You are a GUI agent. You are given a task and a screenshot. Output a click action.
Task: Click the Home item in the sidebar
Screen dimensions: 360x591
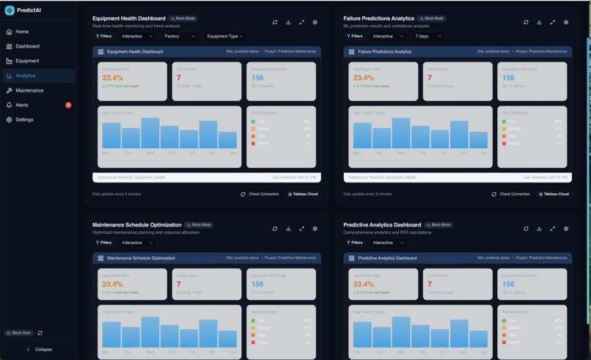tap(22, 32)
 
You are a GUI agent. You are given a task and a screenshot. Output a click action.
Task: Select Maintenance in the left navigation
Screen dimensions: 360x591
tap(29, 90)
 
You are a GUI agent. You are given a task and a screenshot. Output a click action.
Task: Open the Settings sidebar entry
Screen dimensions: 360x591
tap(24, 120)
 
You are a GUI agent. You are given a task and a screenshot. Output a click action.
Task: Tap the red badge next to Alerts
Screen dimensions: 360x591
tap(68, 105)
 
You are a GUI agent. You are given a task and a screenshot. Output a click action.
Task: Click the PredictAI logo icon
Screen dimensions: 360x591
tap(10, 10)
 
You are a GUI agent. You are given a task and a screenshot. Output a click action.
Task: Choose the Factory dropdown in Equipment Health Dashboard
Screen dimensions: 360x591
tap(180, 36)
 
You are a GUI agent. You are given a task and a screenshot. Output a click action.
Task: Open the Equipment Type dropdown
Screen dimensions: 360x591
tap(224, 36)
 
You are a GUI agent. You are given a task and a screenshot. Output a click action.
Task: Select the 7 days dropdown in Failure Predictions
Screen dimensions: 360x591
tap(428, 36)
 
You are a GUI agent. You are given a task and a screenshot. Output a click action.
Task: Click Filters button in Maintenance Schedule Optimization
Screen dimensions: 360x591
tap(103, 243)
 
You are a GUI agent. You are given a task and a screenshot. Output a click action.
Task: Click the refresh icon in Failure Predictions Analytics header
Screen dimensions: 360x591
tap(526, 22)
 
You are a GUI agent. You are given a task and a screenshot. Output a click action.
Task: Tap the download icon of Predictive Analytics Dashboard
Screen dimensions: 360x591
tap(539, 229)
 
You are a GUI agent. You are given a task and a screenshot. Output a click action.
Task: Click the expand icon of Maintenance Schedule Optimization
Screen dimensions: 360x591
tap(301, 229)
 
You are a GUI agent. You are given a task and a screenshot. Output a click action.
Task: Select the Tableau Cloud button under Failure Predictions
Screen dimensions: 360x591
tap(554, 194)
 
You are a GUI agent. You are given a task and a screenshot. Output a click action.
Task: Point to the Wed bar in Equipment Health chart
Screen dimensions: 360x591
tap(150, 133)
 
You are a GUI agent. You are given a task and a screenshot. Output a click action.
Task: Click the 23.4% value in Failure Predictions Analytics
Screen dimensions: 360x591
tap(364, 78)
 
